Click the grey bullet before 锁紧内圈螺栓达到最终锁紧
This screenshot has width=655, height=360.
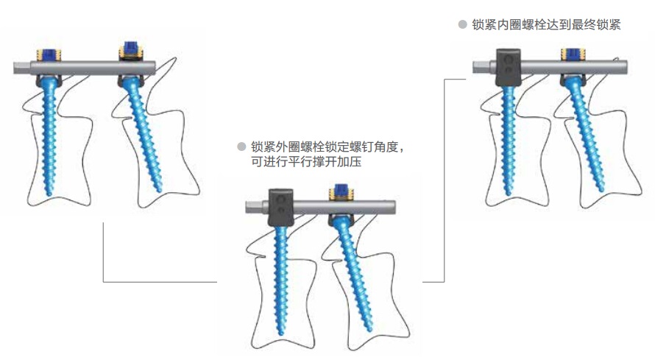(x=462, y=24)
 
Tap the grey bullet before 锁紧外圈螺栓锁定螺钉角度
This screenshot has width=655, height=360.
(x=241, y=147)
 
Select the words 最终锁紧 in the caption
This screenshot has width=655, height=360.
(x=596, y=24)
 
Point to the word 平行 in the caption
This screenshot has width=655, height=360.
(x=300, y=162)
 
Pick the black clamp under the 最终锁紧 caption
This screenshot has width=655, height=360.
(x=509, y=68)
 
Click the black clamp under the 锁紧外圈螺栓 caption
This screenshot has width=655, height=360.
(x=280, y=208)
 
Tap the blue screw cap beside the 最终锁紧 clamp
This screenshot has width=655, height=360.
(x=573, y=54)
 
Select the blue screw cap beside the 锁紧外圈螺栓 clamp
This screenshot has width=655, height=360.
(x=341, y=193)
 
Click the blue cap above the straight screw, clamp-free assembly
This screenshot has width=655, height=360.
(x=49, y=54)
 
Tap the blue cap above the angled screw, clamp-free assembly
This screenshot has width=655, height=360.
(x=131, y=50)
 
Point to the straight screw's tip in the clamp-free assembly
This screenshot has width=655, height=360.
(x=49, y=194)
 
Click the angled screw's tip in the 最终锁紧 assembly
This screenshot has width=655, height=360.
(x=601, y=190)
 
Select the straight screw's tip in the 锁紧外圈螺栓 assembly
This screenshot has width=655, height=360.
(x=280, y=333)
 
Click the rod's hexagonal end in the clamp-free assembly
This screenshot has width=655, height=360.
(x=22, y=68)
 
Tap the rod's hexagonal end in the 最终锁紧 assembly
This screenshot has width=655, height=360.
(x=481, y=67)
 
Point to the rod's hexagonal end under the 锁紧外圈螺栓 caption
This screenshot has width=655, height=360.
(x=254, y=207)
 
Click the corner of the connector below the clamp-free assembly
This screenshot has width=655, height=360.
(x=104, y=282)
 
